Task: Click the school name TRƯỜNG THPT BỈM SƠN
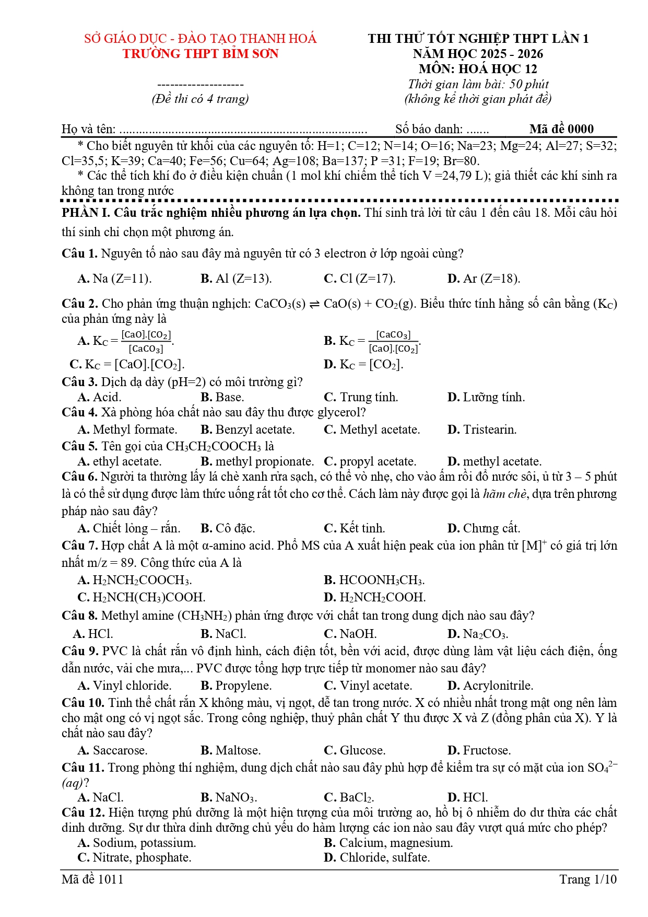201,54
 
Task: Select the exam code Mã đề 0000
561,129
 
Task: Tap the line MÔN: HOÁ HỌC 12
478,69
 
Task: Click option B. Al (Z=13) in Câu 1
236,279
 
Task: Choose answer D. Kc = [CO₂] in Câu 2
363,364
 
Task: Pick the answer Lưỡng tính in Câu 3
486,398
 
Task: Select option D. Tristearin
482,430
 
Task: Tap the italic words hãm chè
504,494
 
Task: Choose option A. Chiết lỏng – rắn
129,528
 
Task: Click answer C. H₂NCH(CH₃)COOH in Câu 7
142,597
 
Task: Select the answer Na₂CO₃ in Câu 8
478,634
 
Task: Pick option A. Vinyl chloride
125,686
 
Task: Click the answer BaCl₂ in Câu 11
349,797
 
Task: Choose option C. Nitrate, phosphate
135,857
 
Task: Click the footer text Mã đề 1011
92,879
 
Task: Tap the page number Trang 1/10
588,879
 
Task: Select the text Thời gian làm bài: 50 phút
478,84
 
